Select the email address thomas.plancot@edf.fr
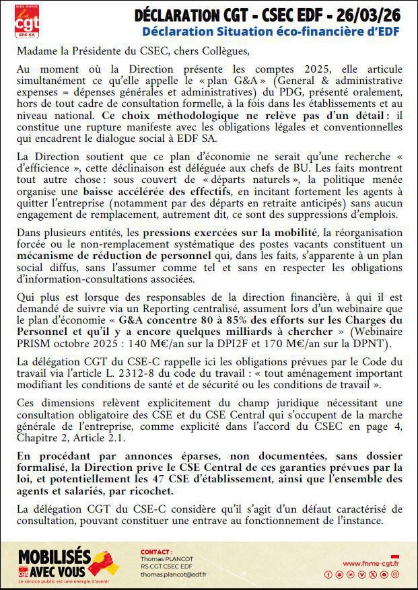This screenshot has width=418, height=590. (174, 574)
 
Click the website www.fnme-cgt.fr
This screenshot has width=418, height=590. (371, 563)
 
